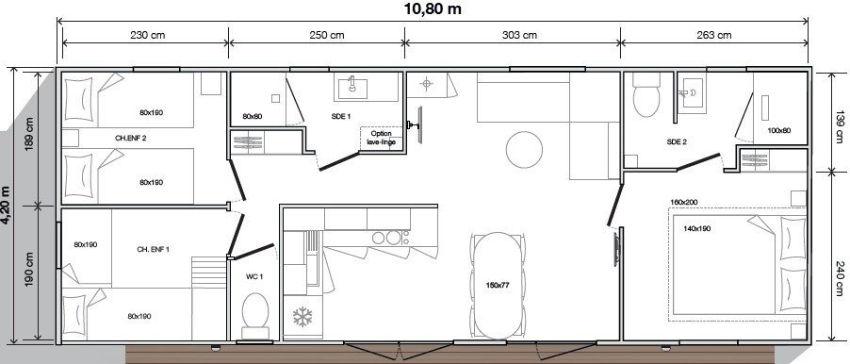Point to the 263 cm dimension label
[x=713, y=36]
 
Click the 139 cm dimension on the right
[x=837, y=123]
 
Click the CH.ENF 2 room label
[x=131, y=139]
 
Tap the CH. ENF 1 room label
[x=153, y=249]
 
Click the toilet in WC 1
[x=253, y=314]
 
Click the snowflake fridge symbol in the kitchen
[x=302, y=316]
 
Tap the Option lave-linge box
[x=381, y=138]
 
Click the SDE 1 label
[x=341, y=116]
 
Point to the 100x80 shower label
[x=778, y=131]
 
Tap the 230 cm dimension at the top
[x=144, y=36]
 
